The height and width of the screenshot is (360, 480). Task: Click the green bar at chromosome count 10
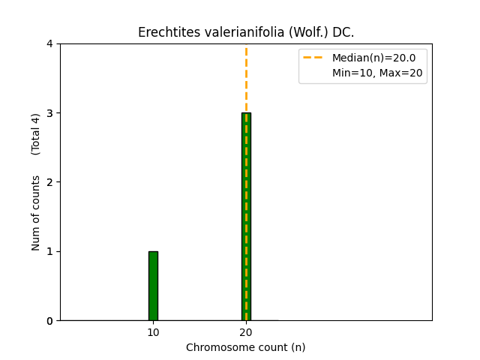[x=153, y=286]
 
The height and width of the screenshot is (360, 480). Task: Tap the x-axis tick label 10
[x=153, y=332]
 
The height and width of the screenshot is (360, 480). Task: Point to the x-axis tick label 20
[x=246, y=332]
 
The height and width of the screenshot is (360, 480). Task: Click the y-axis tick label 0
[x=49, y=321]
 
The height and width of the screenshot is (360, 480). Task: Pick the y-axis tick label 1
[x=49, y=251]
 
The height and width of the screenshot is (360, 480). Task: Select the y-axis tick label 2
[x=49, y=182]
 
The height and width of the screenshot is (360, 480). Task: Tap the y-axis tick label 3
[x=49, y=113]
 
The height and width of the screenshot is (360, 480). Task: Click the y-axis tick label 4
[x=49, y=43]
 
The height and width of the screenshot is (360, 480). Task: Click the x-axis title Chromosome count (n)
[x=246, y=347]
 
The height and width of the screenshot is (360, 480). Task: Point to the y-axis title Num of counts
[x=36, y=212]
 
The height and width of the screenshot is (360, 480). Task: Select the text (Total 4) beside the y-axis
[x=36, y=134]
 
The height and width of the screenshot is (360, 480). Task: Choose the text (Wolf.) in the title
[x=289, y=33]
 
